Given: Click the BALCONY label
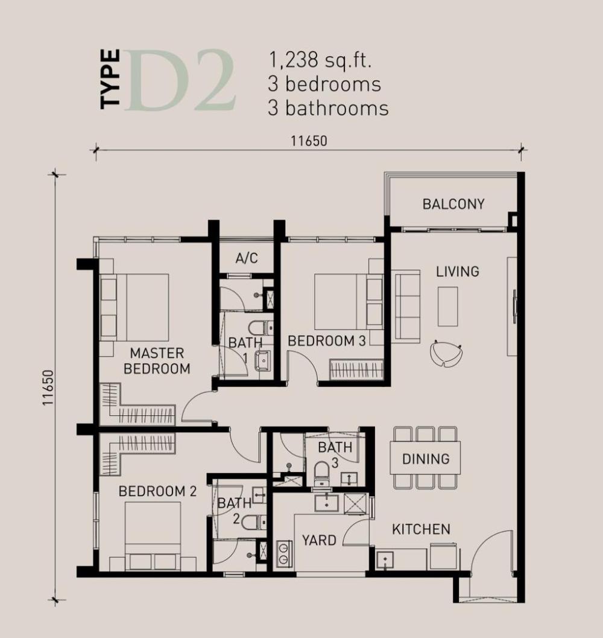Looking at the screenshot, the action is [453, 204].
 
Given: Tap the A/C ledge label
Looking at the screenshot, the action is [247, 258].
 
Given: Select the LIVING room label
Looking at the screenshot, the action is [458, 272].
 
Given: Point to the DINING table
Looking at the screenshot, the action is [425, 458].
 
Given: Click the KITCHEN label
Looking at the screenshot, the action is [421, 529].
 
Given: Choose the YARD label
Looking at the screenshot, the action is [319, 540].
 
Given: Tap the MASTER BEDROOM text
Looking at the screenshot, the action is [157, 361].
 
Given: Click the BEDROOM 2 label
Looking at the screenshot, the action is [157, 491].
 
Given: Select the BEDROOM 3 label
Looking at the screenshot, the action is [327, 341].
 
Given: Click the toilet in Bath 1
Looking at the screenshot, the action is [260, 328].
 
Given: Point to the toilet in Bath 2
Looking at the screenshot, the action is [254, 522].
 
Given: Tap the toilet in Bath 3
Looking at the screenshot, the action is [322, 474].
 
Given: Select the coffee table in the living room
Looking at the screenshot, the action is [447, 307].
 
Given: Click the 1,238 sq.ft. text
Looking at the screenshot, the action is [320, 60].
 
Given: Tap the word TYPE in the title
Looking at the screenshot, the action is [110, 79].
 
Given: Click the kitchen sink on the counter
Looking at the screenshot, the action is [385, 561].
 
